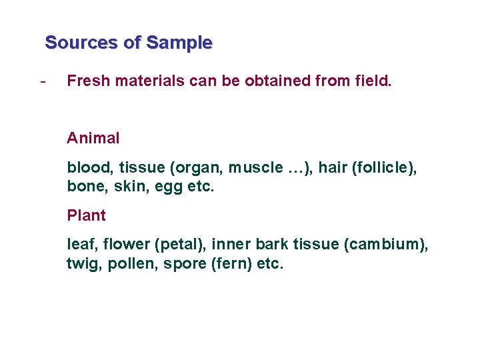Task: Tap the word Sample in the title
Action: point(179,43)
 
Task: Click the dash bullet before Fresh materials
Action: point(43,81)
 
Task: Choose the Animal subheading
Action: point(93,139)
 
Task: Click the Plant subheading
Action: point(86,216)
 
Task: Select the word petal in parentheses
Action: point(176,245)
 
